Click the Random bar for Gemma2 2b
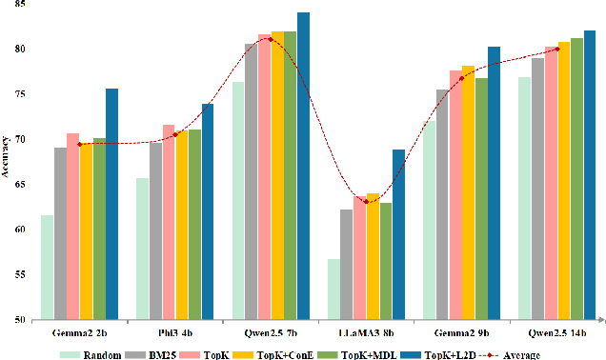pyautogui.click(x=47, y=268)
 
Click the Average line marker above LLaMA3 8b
pyautogui.click(x=367, y=201)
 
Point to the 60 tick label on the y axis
pyautogui.click(x=21, y=230)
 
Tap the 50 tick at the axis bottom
pyautogui.click(x=21, y=320)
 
